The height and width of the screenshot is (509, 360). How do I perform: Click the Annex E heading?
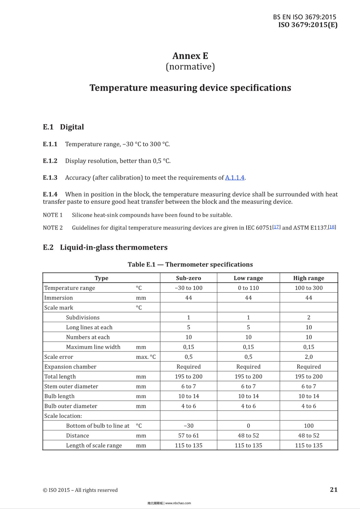click(190, 56)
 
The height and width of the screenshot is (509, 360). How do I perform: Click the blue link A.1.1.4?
click(235, 178)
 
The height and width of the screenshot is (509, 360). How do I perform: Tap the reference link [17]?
click(277, 227)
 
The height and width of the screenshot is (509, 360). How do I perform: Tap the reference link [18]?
click(332, 227)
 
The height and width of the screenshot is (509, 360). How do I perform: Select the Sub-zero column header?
click(188, 278)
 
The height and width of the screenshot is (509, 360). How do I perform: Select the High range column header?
click(308, 278)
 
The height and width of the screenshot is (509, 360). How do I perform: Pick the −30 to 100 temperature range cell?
click(188, 288)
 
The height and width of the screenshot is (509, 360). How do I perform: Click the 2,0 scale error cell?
click(308, 357)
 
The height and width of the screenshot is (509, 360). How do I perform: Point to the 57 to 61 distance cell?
click(188, 436)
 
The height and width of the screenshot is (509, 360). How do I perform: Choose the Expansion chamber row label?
click(70, 367)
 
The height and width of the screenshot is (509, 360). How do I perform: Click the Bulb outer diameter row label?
click(71, 406)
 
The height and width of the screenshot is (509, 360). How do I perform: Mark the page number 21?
click(334, 490)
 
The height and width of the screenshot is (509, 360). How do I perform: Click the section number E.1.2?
click(50, 161)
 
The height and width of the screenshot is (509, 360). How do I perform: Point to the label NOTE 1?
click(53, 215)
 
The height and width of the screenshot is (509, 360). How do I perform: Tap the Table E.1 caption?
click(190, 264)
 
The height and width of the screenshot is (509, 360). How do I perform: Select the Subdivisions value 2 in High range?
click(308, 317)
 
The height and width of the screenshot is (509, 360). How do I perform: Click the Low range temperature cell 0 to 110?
click(248, 288)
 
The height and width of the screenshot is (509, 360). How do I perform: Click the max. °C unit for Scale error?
click(146, 357)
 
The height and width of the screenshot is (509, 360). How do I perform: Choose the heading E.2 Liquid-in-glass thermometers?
click(105, 247)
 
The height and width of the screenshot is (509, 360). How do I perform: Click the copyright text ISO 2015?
click(80, 490)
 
